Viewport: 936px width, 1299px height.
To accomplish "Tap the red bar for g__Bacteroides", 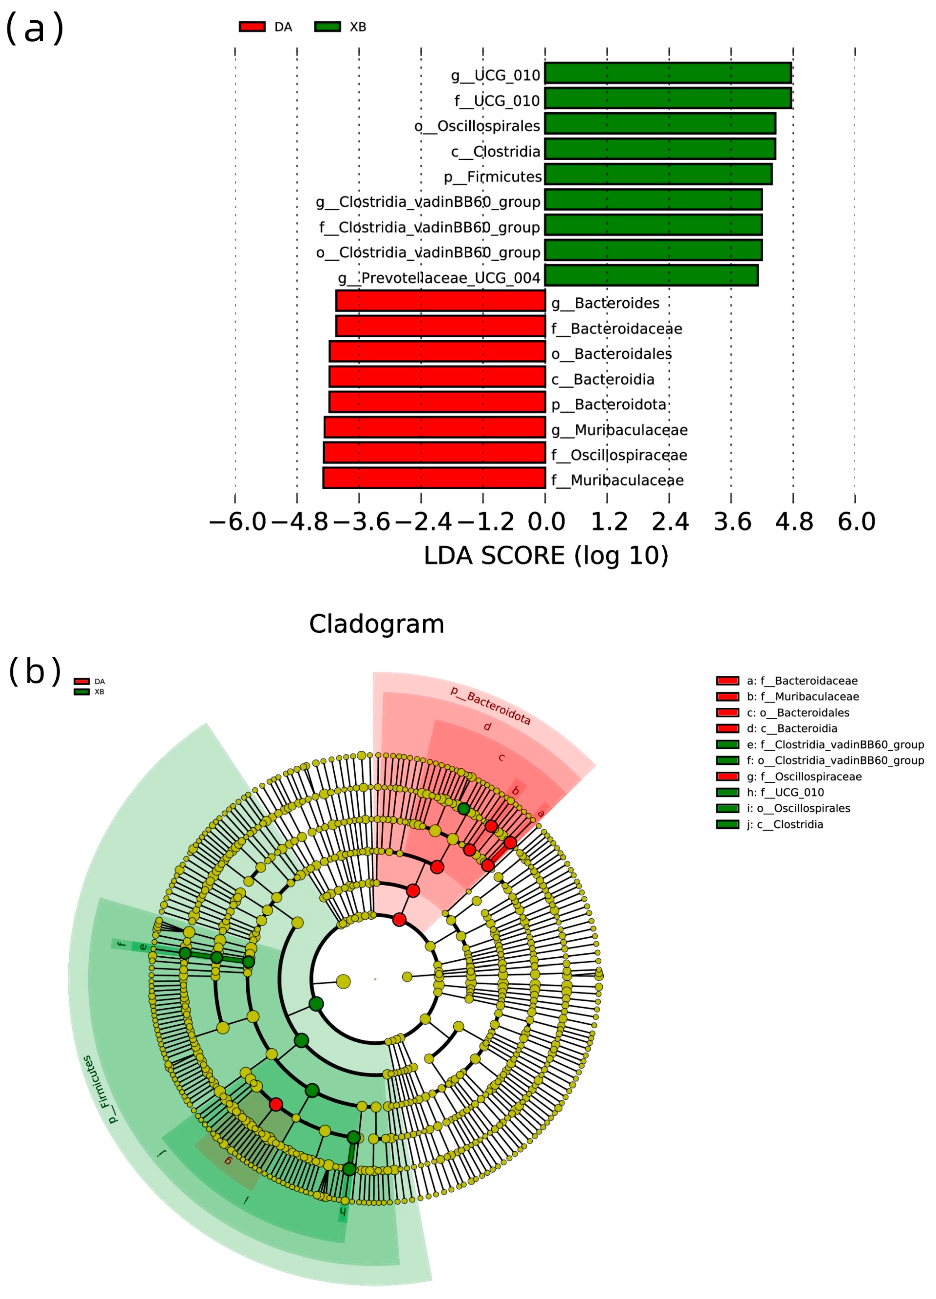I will click(440, 301).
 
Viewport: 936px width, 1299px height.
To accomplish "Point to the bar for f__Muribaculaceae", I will click(434, 478).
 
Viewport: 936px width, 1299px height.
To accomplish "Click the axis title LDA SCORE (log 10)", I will click(546, 556).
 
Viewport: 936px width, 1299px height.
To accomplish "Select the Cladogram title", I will click(377, 624).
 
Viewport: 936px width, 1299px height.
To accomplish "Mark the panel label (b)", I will click(34, 671).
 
